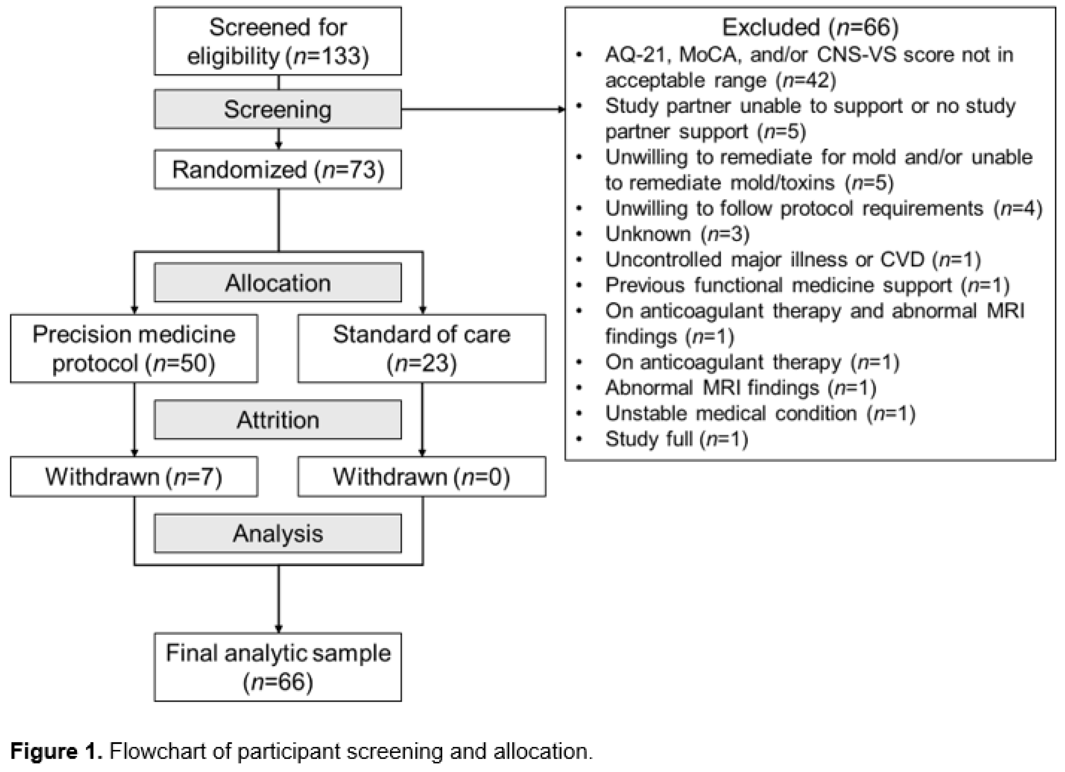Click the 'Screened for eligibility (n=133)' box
coord(278,41)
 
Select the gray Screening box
coord(278,109)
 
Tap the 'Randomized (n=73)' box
coord(278,169)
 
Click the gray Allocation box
coord(278,283)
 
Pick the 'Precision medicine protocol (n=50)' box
coord(134,349)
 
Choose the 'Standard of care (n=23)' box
coord(422,349)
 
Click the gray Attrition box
coord(278,419)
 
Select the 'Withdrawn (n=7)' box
coord(134,477)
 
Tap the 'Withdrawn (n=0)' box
coord(422,477)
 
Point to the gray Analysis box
coord(278,533)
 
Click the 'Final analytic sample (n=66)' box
coord(278,667)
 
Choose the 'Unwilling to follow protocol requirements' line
coord(824,209)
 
